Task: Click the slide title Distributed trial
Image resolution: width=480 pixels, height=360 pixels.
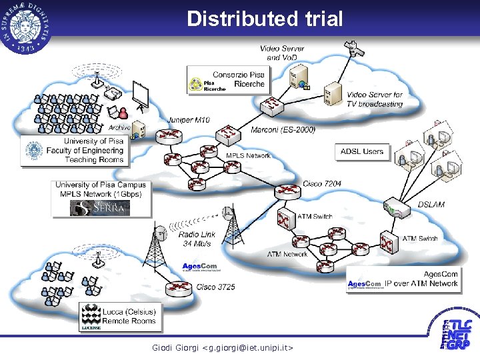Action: (x=265, y=19)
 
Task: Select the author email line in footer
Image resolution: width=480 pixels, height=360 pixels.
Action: (x=223, y=347)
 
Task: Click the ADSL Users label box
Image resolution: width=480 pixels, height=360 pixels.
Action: (x=362, y=151)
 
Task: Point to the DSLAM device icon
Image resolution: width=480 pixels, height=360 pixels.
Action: (x=395, y=209)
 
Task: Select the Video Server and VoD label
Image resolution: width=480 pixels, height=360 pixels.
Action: (x=281, y=53)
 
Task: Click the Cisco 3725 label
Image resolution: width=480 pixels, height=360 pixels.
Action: (x=215, y=287)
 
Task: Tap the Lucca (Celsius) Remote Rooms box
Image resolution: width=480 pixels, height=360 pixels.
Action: (x=119, y=316)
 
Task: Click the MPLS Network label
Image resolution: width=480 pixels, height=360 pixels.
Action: (x=248, y=155)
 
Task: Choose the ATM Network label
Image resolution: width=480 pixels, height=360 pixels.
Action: (x=287, y=254)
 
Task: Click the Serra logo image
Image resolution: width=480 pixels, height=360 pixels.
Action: (x=100, y=208)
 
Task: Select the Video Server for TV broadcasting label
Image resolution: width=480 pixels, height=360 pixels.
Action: (x=375, y=99)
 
